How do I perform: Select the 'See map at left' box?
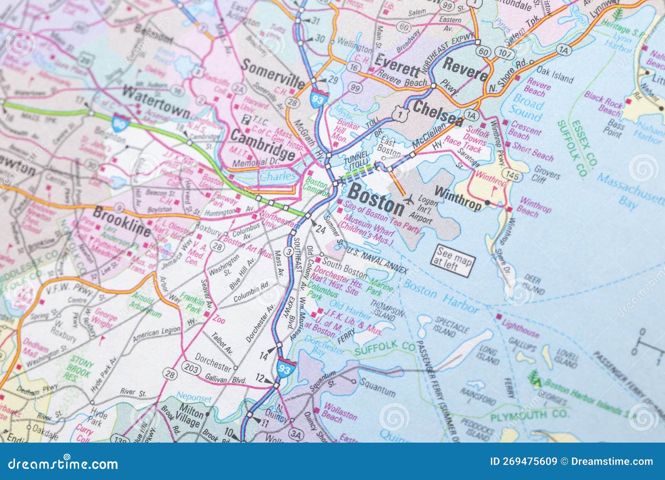pyautogui.click(x=453, y=260)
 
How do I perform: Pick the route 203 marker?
pyautogui.click(x=192, y=369)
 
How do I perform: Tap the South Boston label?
pyautogui.click(x=345, y=268)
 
